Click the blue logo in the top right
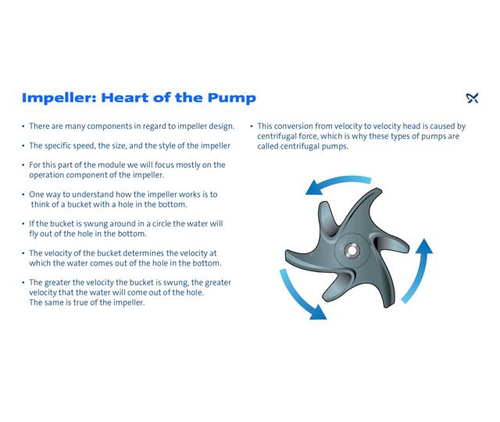coord(472,98)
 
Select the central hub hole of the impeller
coord(352,251)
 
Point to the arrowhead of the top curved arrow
coord(314,188)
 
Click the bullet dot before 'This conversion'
coord(252,126)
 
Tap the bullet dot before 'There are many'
coord(23,126)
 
